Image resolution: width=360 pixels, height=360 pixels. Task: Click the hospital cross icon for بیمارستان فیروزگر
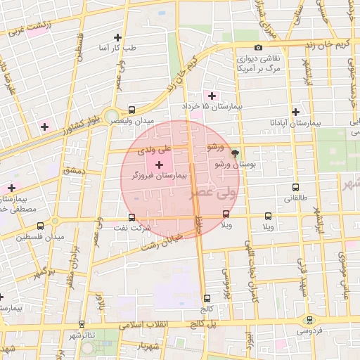(158, 164)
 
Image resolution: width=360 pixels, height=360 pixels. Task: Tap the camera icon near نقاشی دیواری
(259, 48)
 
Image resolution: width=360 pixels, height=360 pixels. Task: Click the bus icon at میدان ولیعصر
(131, 110)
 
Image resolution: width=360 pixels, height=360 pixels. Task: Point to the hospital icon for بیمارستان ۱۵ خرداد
(212, 95)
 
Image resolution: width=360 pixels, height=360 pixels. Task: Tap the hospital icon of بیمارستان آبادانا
(295, 112)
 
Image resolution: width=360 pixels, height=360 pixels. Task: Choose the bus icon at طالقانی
(295, 188)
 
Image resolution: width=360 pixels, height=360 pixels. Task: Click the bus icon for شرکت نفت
(131, 217)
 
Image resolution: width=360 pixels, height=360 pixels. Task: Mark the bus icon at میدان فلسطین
(40, 226)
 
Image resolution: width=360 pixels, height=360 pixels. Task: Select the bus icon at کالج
(206, 298)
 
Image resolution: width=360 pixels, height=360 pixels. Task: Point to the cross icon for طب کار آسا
(117, 37)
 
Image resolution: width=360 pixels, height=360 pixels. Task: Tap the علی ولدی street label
(155, 150)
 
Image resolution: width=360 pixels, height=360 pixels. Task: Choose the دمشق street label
(73, 171)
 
